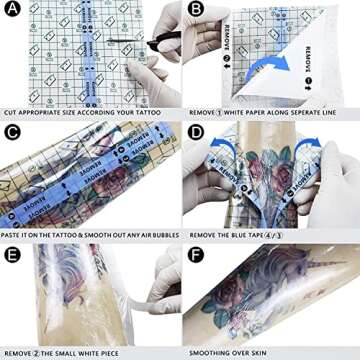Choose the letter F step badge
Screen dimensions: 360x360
[195, 253]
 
